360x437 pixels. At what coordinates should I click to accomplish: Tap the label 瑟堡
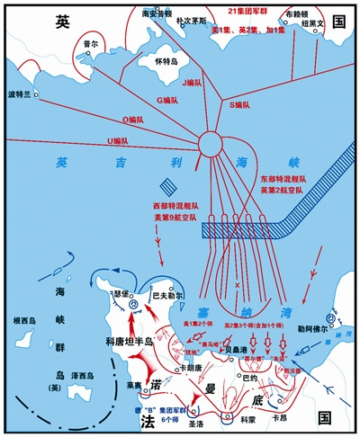point(123,293)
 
